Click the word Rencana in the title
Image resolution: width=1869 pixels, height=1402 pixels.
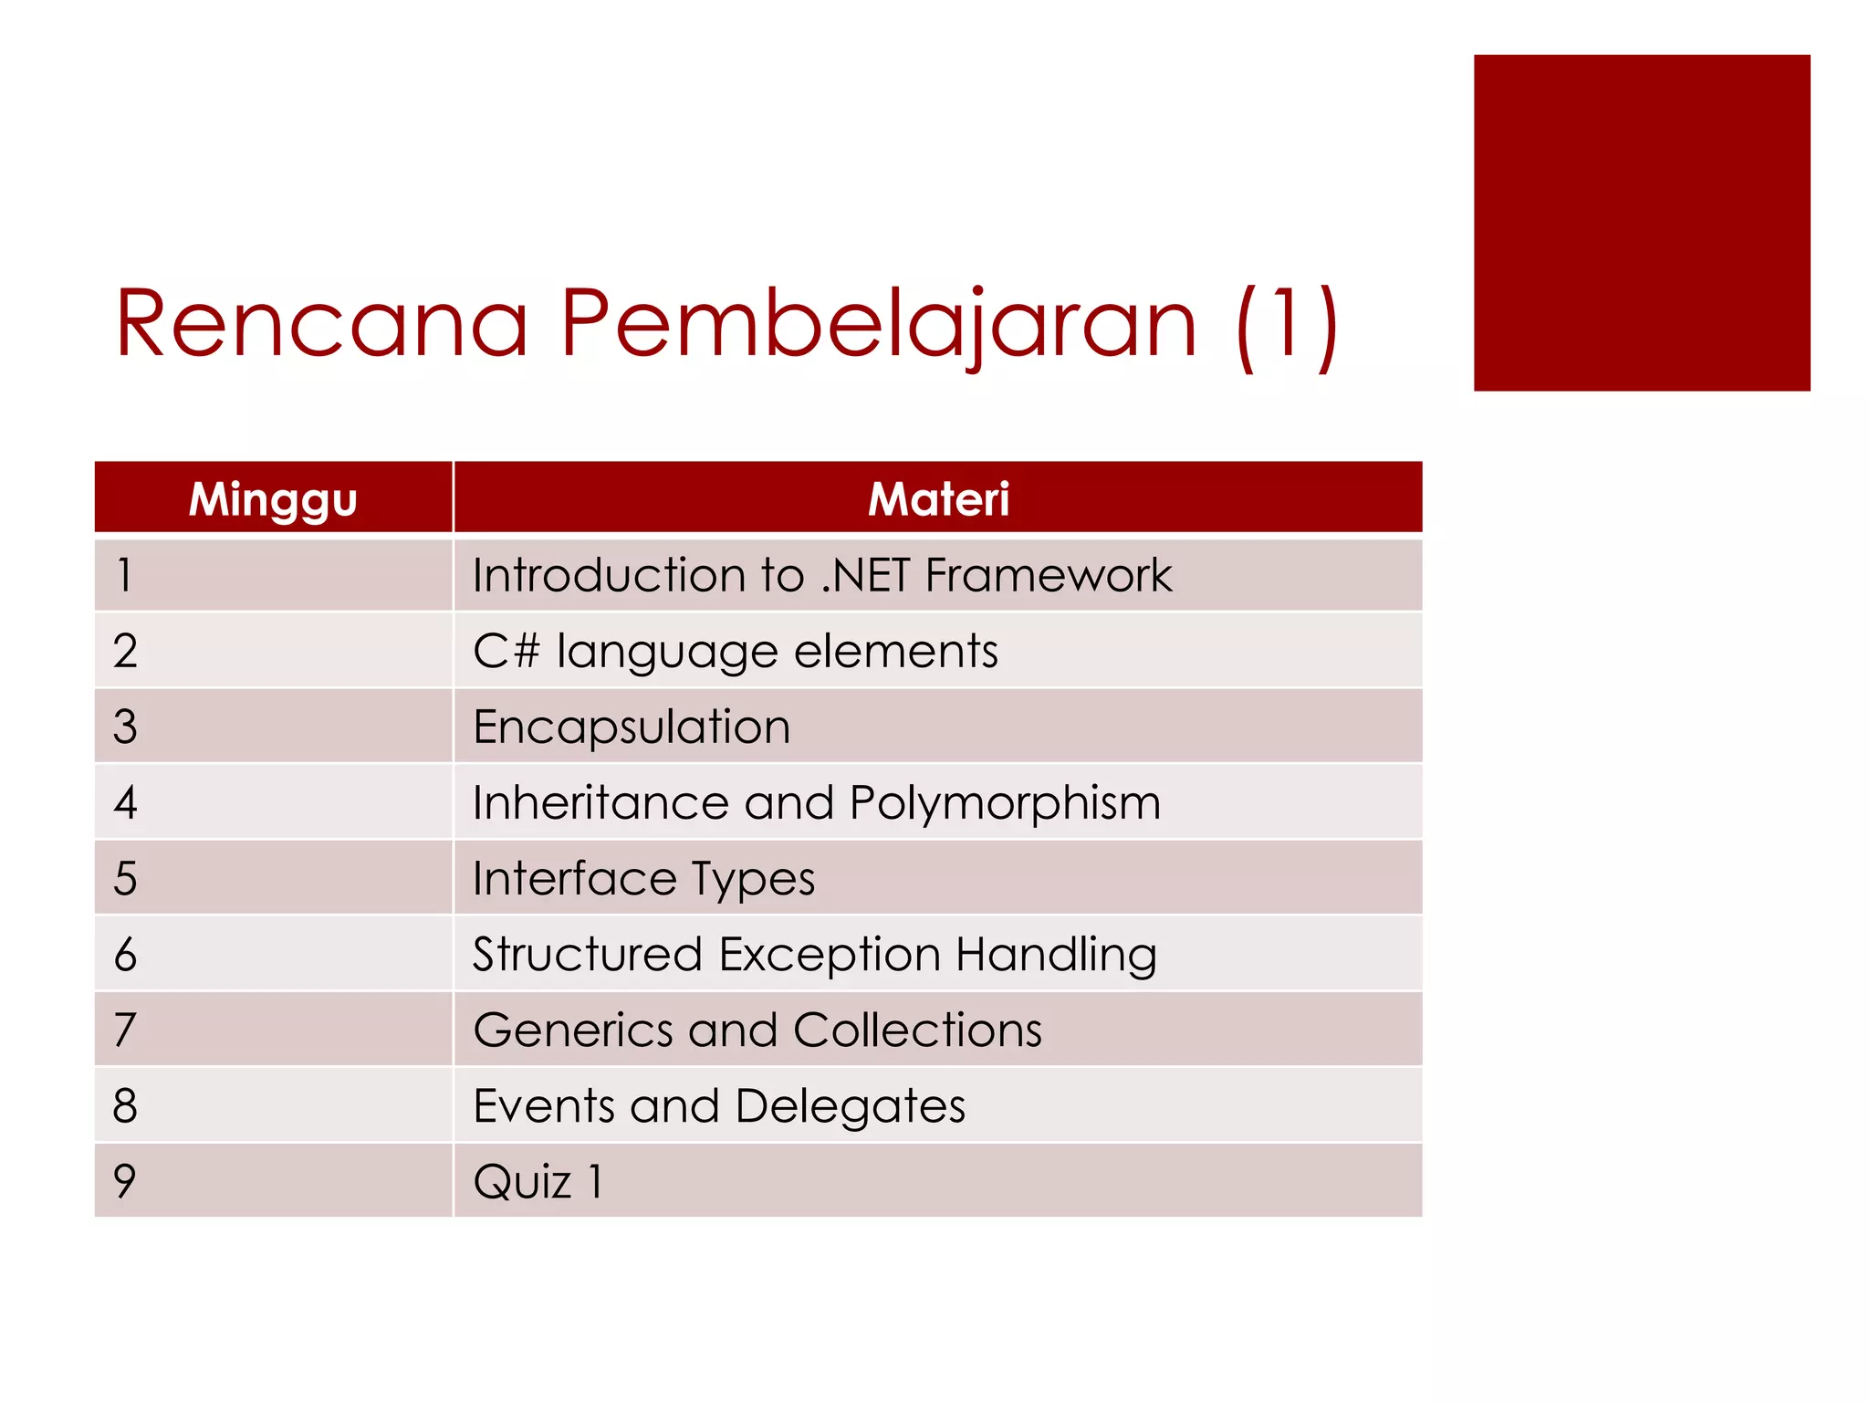[x=321, y=323]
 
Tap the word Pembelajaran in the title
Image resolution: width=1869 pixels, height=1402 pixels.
[x=878, y=323]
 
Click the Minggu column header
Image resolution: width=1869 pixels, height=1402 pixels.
[x=273, y=498]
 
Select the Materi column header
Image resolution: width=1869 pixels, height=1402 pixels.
[x=938, y=498]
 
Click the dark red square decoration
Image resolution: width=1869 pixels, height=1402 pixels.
[x=1641, y=223]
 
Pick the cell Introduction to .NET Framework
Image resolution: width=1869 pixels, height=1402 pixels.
[x=821, y=576]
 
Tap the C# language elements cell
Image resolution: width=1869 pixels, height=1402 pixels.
[x=736, y=652]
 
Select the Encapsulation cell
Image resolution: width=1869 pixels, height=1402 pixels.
[x=632, y=727]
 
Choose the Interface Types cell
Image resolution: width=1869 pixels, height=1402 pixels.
[x=643, y=879]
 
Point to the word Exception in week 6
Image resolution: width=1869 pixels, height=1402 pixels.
[x=830, y=955]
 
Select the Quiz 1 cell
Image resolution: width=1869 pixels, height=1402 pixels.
[x=538, y=1182]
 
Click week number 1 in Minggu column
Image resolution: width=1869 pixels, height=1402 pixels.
[x=124, y=576]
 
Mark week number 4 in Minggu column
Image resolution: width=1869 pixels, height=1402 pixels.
[x=125, y=803]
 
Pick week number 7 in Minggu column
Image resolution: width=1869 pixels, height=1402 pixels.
[x=125, y=1031]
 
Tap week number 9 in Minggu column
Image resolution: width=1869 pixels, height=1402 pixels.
[x=125, y=1181]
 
